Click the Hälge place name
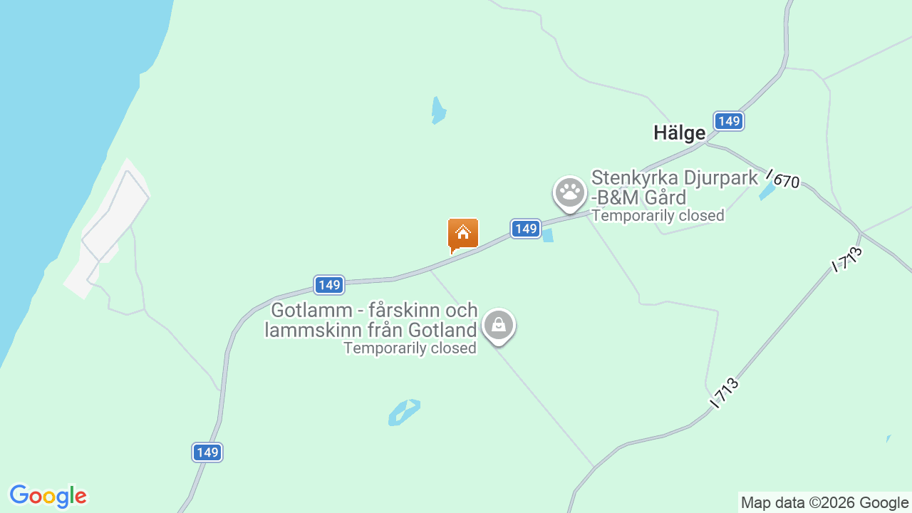click(679, 133)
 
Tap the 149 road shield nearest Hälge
click(728, 121)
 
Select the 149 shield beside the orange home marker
click(525, 229)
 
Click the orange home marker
click(462, 234)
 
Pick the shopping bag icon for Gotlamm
click(498, 326)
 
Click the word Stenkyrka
click(634, 178)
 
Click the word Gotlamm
click(312, 311)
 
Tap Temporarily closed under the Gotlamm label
click(410, 348)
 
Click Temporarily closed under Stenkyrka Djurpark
click(658, 215)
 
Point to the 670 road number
click(786, 181)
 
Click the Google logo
click(48, 496)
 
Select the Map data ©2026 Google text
click(824, 502)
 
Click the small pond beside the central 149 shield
click(547, 234)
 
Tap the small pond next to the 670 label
click(767, 192)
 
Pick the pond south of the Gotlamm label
click(404, 412)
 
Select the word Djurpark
click(718, 178)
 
